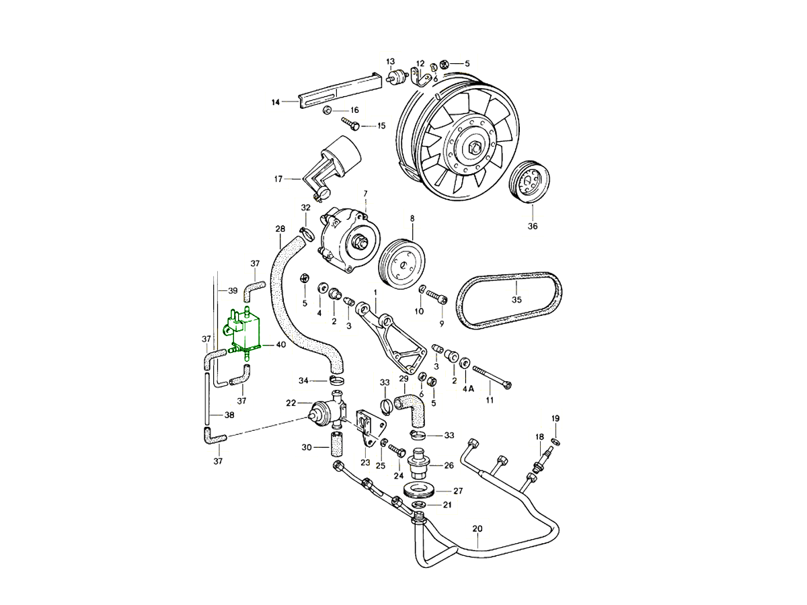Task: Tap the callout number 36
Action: [533, 227]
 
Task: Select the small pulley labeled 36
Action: [530, 182]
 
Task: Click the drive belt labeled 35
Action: [508, 300]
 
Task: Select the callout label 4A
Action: [469, 389]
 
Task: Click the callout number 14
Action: [275, 102]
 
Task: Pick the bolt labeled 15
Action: [351, 124]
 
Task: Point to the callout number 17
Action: [278, 179]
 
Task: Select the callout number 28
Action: [280, 229]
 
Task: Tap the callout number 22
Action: [291, 403]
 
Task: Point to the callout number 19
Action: [555, 419]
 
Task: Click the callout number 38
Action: [229, 415]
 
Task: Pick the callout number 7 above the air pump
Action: [365, 194]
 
